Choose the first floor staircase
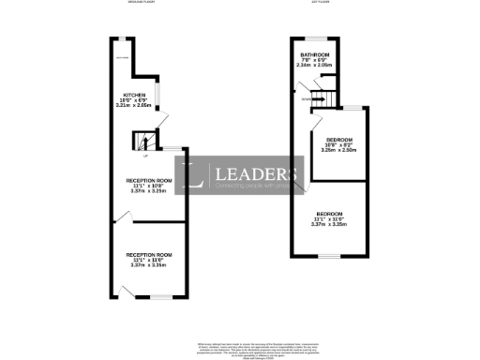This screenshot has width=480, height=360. pyautogui.click(x=320, y=94)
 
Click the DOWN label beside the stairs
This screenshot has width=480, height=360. pyautogui.click(x=306, y=97)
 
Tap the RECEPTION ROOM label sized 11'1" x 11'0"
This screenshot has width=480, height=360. pyautogui.click(x=150, y=255)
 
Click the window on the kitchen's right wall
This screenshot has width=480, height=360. pyautogui.click(x=156, y=95)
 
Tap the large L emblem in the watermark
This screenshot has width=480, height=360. pyautogui.click(x=196, y=175)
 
